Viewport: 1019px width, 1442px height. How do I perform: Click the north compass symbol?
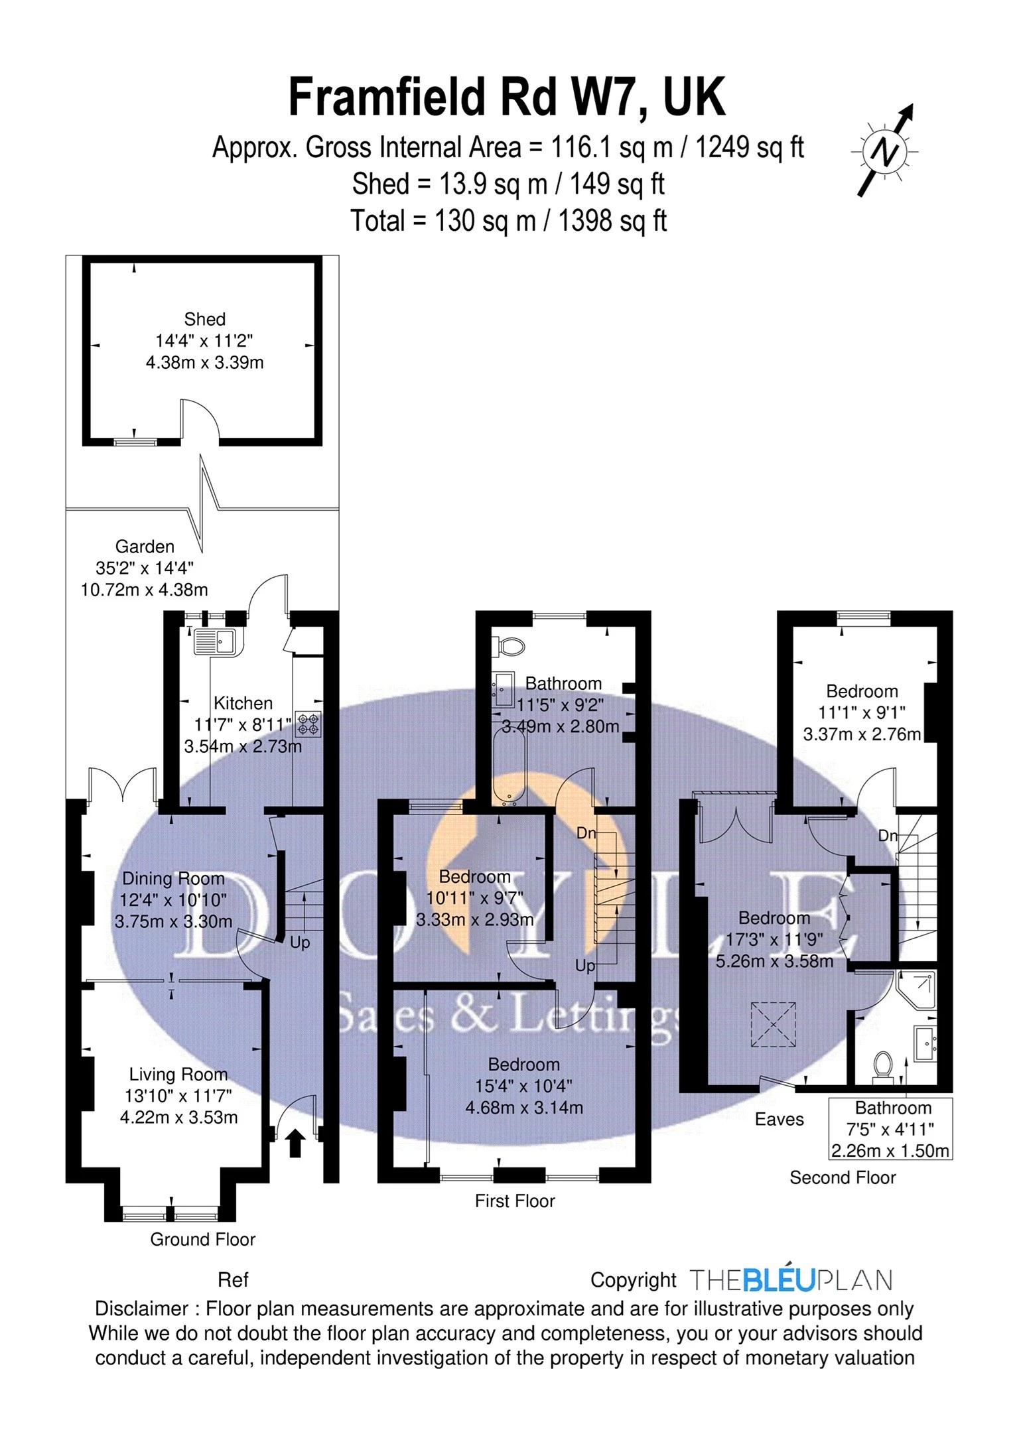[x=885, y=151]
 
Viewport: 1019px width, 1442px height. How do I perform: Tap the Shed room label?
[x=205, y=319]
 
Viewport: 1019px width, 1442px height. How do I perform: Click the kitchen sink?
[x=214, y=641]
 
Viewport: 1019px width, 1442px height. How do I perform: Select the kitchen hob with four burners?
[x=308, y=724]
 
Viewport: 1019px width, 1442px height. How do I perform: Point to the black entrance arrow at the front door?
[x=295, y=1144]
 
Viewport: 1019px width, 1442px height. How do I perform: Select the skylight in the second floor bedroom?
[x=773, y=1024]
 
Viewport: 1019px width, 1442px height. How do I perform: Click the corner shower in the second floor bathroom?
[x=916, y=991]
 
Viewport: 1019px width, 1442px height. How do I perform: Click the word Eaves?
[x=780, y=1120]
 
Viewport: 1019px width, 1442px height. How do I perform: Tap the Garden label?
[x=145, y=547]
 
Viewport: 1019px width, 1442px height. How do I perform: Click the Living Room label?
[x=178, y=1074]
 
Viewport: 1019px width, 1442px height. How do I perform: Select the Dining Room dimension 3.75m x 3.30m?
[x=174, y=921]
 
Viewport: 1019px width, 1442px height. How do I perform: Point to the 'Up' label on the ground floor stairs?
[x=300, y=943]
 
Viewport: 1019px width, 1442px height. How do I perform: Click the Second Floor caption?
[x=843, y=1177]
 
